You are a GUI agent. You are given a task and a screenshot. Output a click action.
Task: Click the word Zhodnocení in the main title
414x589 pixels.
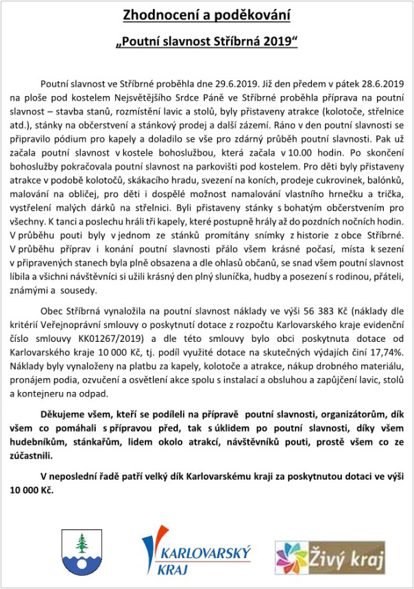click(x=157, y=14)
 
